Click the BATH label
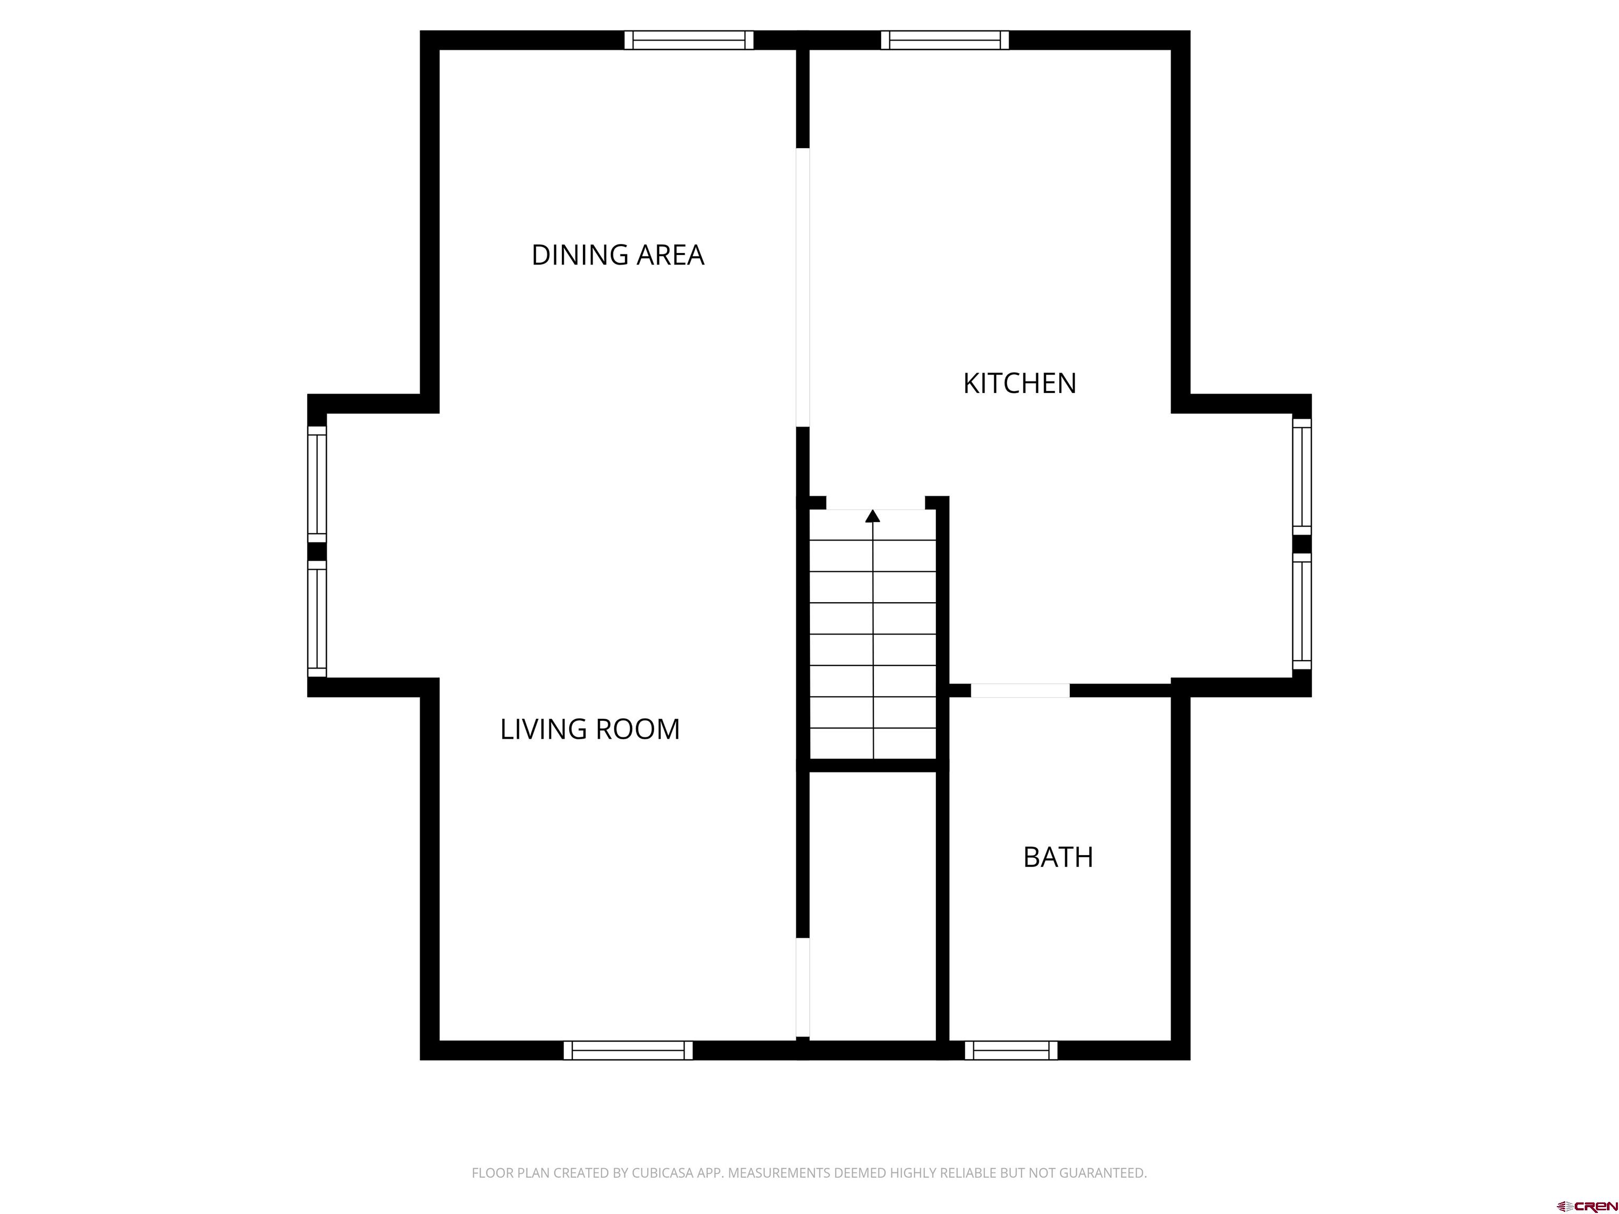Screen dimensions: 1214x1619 click(x=1058, y=857)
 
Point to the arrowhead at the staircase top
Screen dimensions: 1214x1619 click(x=872, y=516)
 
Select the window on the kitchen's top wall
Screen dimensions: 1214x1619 click(x=944, y=40)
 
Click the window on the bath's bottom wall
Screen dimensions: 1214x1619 click(x=1010, y=1050)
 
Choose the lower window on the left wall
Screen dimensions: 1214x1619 click(x=316, y=619)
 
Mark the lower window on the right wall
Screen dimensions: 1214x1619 click(x=1301, y=611)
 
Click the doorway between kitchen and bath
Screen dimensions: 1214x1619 click(x=1020, y=690)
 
